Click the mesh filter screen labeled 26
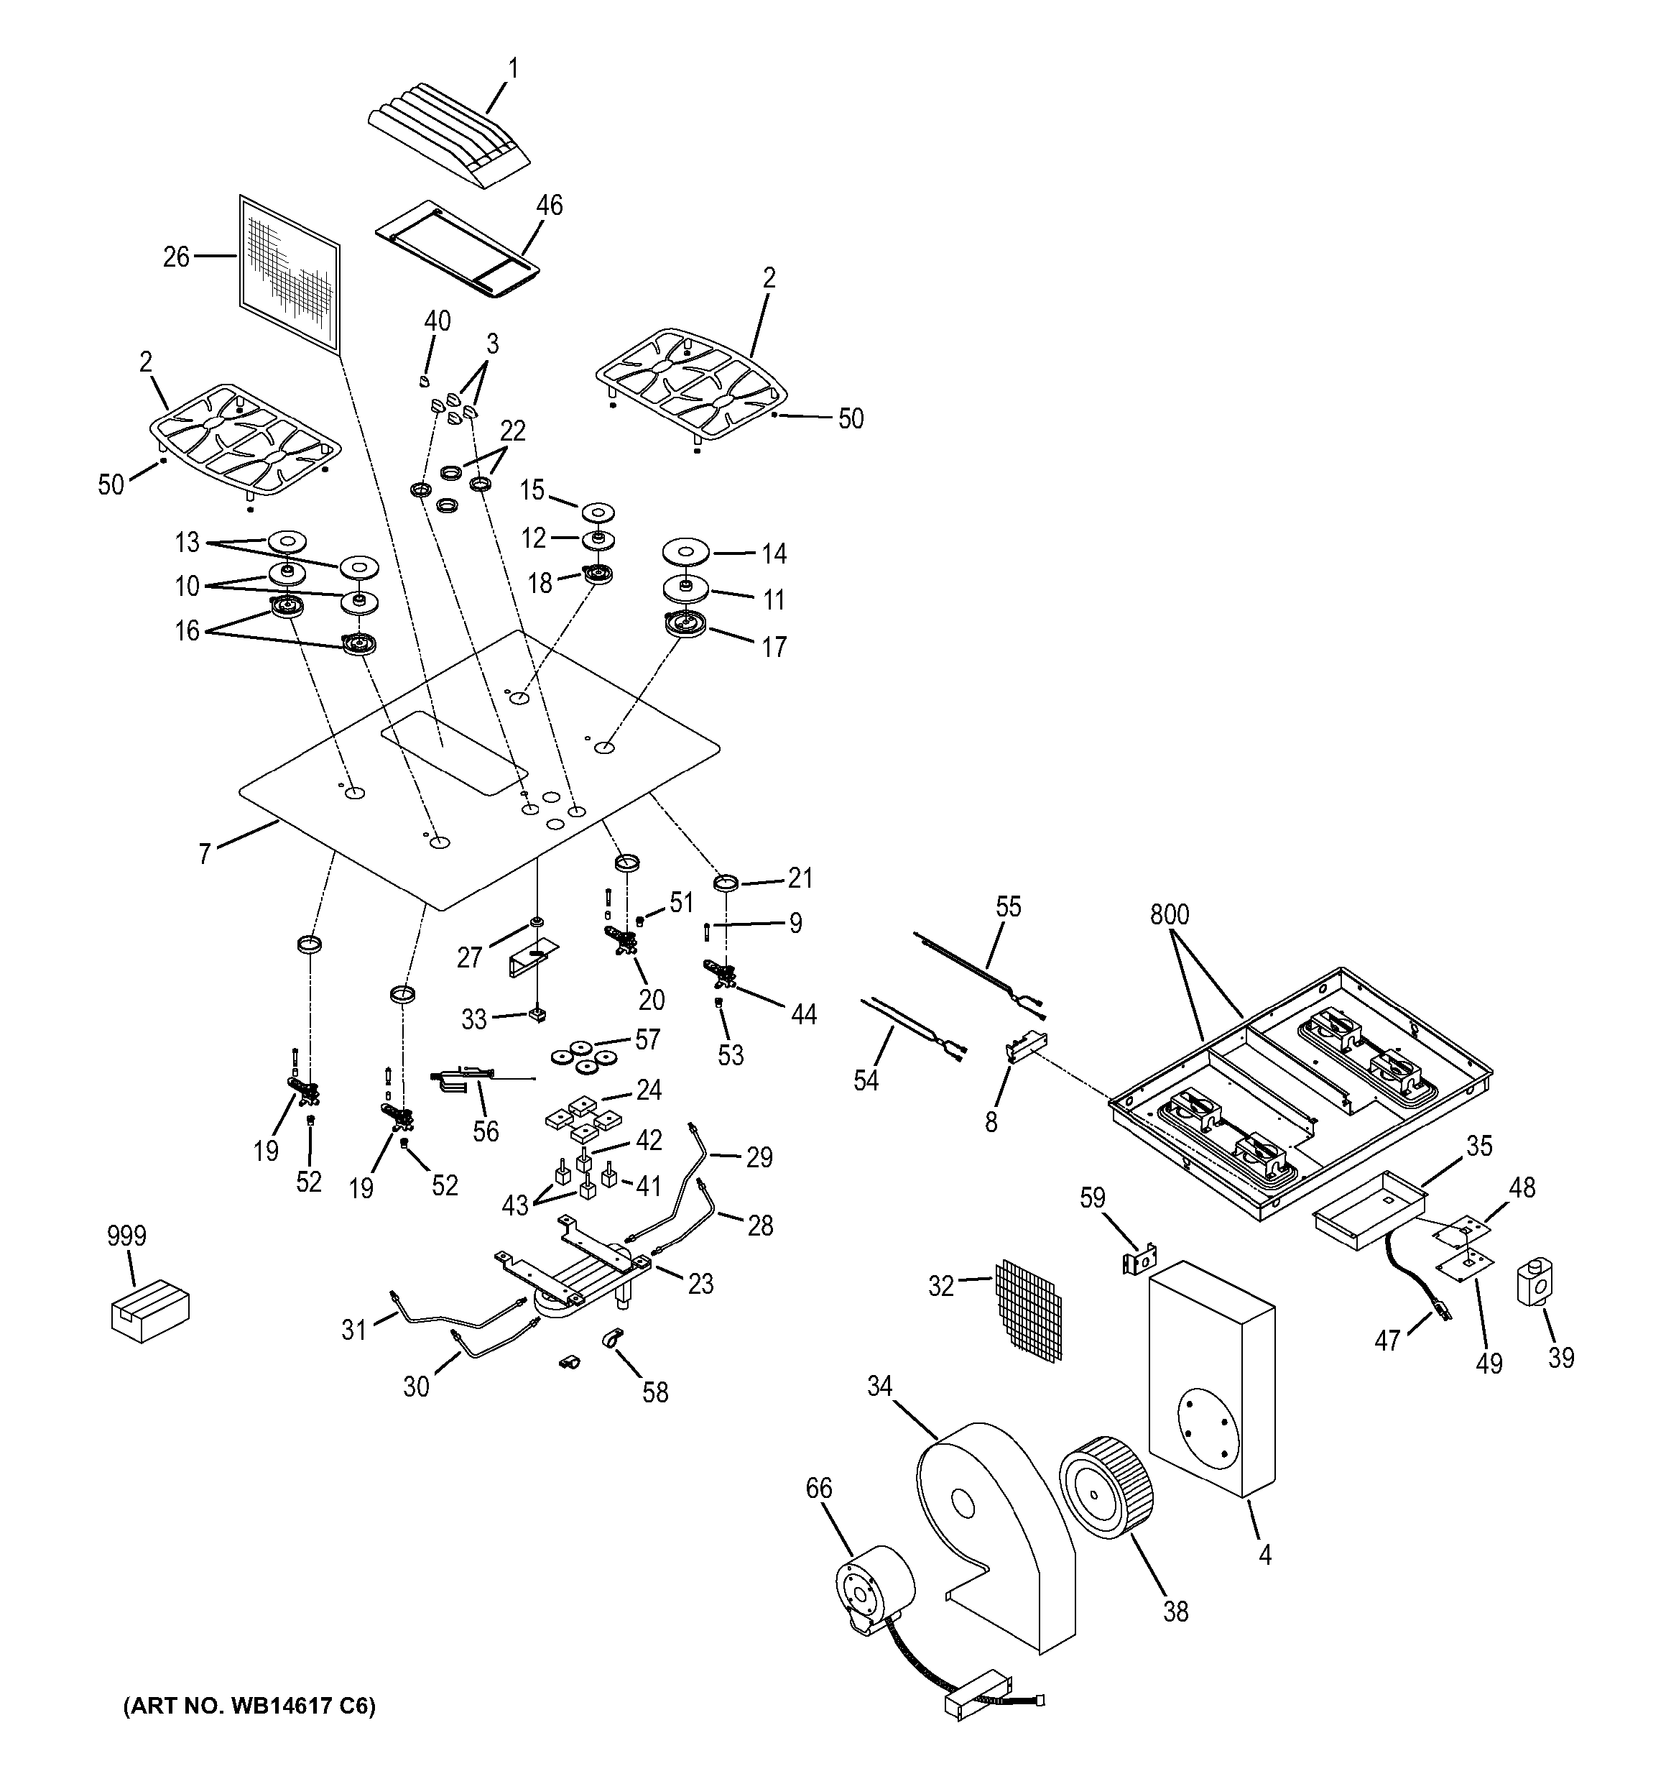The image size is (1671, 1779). pos(290,274)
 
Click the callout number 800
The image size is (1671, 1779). pos(1169,914)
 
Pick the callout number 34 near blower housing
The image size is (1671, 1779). pos(879,1386)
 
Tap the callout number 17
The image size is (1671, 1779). pos(774,646)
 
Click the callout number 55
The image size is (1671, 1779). pos(1008,906)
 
